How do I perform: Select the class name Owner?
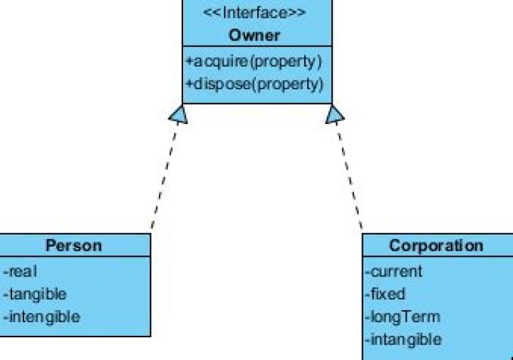coord(255,35)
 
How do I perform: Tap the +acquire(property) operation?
coord(254,61)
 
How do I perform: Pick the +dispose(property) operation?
coord(254,83)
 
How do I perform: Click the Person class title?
coord(73,246)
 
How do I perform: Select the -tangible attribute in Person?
coord(35,294)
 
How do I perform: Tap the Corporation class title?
coord(436,246)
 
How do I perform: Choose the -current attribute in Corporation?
coord(394,271)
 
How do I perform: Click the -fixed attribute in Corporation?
coord(385,294)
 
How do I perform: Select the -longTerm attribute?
coord(403,317)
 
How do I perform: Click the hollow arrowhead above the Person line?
coord(178,114)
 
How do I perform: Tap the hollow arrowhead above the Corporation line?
coord(334,114)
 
